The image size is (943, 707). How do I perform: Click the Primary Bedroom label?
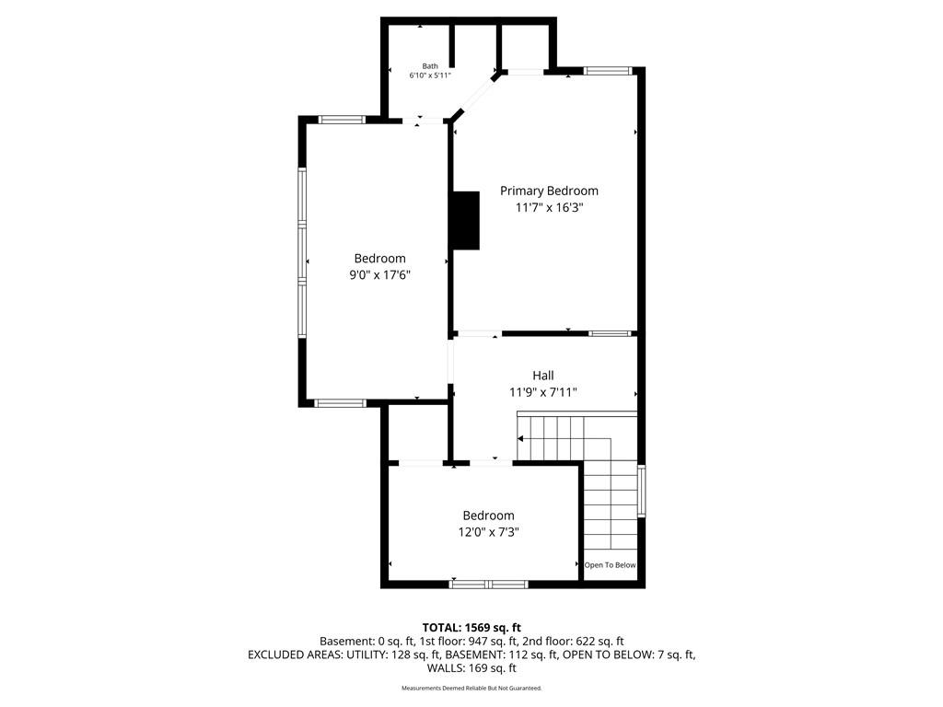pos(549,191)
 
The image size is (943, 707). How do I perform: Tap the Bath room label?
pos(430,66)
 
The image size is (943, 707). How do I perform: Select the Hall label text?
pos(543,376)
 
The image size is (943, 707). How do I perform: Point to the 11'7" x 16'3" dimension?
pos(550,208)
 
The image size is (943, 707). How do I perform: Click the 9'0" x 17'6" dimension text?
pos(380,275)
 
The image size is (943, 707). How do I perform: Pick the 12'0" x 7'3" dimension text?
pos(488,532)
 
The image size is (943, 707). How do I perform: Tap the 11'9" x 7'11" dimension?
pos(543,392)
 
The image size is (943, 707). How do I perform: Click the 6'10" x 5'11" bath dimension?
pos(430,75)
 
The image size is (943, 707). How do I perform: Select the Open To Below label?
pos(610,565)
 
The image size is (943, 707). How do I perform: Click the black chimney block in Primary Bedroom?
pos(466,221)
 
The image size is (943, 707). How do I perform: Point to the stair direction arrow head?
pos(520,439)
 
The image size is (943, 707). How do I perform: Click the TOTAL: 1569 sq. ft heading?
pos(471,628)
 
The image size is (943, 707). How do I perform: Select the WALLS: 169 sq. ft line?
pos(471,668)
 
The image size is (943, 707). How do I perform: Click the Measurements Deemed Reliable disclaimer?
pos(471,688)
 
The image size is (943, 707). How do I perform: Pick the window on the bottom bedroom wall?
pos(488,585)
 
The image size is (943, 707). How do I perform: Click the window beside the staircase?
pos(641,491)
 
